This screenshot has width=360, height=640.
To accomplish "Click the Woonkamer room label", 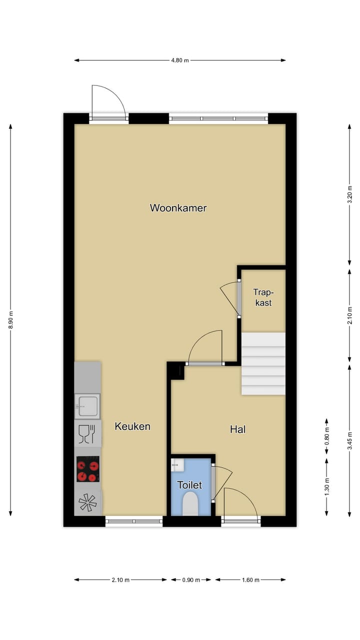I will coord(178,208).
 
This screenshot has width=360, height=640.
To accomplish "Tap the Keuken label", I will coord(132,426).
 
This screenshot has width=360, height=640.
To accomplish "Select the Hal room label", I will coord(238,429).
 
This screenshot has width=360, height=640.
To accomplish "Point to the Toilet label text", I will coord(189,485).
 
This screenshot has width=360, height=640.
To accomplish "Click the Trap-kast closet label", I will coord(263,297).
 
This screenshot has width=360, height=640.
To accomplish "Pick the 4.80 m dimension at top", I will coord(180,60).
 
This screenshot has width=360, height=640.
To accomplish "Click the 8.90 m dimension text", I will coord(10,320).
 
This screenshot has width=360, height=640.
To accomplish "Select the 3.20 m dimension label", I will coord(349,194).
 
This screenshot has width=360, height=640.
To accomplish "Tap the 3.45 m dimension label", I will coord(349,440).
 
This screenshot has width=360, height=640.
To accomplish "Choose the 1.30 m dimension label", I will coord(326,486).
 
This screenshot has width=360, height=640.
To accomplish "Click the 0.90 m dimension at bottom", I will coord(190,580).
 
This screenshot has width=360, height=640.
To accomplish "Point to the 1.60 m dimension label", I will coord(250,580).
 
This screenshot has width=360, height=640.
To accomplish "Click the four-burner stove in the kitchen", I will coord(87,469).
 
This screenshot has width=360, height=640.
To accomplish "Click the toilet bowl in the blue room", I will coord(190,504).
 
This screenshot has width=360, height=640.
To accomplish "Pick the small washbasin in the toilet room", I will coord(177,465).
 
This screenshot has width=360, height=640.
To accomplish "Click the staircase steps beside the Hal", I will coord(263,363).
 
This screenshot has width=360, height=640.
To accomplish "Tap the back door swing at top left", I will coord(108,101).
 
